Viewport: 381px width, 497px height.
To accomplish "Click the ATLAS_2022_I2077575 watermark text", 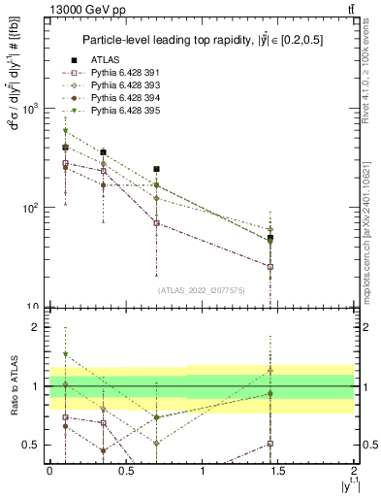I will (x=202, y=289).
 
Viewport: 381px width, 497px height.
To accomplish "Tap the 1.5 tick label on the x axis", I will (x=279, y=470).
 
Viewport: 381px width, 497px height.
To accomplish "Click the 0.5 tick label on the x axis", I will (x=126, y=470).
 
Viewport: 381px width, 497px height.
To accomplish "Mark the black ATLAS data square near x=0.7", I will (x=156, y=169).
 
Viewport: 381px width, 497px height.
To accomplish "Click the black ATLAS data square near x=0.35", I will (x=103, y=152).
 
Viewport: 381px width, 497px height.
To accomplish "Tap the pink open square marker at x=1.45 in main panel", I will (x=270, y=266).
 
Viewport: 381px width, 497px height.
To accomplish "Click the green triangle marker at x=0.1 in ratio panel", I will (x=65, y=354).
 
